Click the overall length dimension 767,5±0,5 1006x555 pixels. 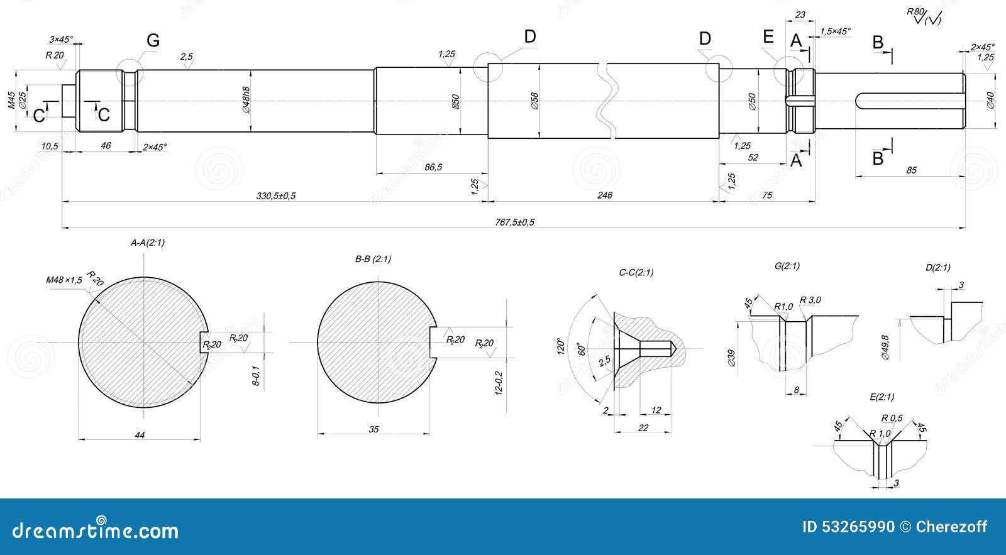[x=514, y=222]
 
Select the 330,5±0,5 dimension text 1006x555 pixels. [x=275, y=195]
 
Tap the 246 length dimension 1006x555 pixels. [x=604, y=195]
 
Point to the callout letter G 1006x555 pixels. [x=153, y=41]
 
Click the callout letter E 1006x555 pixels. [x=768, y=36]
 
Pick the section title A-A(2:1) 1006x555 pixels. [x=148, y=242]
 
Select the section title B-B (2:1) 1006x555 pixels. [x=373, y=258]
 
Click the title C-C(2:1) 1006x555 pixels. [x=636, y=272]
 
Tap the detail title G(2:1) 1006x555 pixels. [x=787, y=266]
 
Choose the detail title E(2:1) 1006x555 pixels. [x=882, y=397]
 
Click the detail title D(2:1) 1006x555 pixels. [x=937, y=267]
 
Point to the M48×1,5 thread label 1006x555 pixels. [x=64, y=280]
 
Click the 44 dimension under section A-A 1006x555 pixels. [x=140, y=434]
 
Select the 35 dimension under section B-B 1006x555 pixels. [x=373, y=429]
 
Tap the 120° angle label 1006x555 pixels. [x=561, y=347]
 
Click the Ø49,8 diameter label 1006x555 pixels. [x=885, y=347]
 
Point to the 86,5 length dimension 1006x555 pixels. [x=433, y=167]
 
